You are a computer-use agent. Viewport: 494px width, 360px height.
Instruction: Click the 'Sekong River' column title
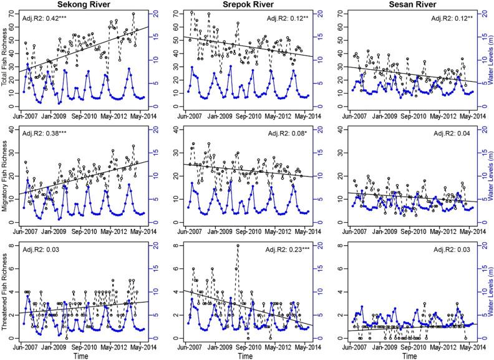[x=82, y=5]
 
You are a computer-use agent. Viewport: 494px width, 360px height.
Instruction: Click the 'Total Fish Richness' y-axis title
[x=6, y=59]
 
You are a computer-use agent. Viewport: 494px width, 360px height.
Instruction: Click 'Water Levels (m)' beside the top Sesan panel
[x=488, y=59]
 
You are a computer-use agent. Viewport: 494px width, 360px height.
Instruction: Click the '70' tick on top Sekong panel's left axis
[x=14, y=13]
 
